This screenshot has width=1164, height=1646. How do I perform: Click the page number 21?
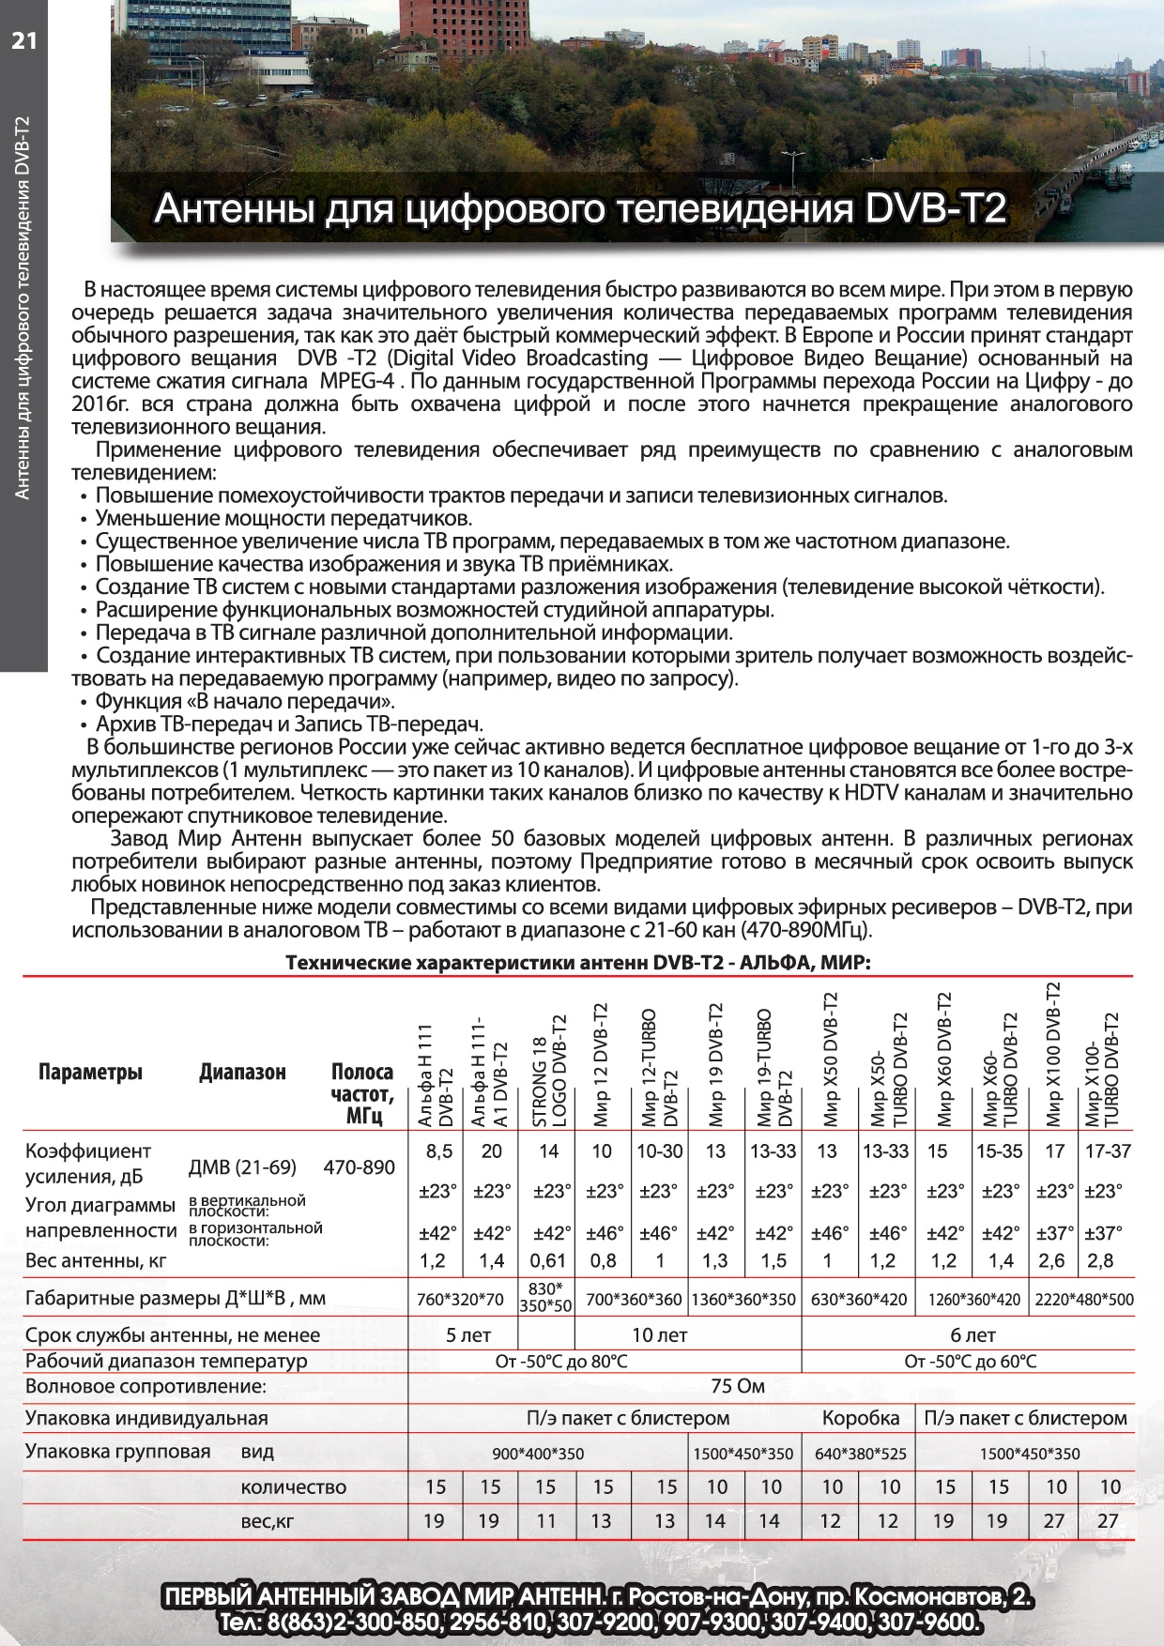tap(24, 39)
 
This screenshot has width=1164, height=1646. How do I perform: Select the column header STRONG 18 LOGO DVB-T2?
tap(550, 1071)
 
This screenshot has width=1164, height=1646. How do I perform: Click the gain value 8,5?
tap(438, 1151)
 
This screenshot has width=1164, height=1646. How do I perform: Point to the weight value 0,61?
tap(548, 1260)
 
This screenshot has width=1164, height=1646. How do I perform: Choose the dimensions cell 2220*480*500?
tap(1084, 1300)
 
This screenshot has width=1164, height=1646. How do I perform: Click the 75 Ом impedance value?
tap(738, 1386)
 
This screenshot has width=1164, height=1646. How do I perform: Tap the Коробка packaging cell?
tap(861, 1418)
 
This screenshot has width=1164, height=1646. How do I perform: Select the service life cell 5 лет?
tap(468, 1334)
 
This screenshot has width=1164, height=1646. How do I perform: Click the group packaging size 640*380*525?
tap(861, 1454)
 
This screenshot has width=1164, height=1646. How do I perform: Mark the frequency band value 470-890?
tap(359, 1167)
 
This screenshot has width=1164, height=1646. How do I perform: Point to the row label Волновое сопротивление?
tap(145, 1386)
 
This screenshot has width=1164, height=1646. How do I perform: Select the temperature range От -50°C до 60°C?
tap(971, 1361)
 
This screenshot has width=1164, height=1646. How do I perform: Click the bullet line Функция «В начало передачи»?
tap(245, 701)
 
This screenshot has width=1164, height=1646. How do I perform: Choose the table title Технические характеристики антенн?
tap(577, 962)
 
